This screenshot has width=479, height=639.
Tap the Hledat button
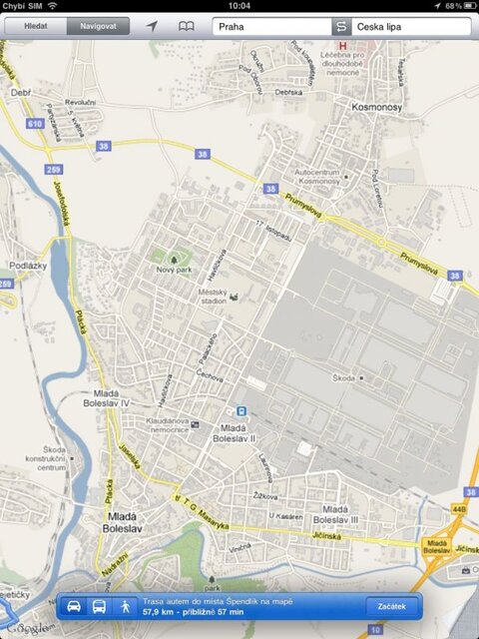click(x=35, y=26)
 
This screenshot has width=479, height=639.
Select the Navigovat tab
click(x=98, y=26)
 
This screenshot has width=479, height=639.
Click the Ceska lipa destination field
click(x=409, y=27)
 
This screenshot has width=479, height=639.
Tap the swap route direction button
click(x=341, y=27)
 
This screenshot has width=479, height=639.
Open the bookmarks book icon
click(x=186, y=26)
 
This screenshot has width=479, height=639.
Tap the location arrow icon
click(x=152, y=26)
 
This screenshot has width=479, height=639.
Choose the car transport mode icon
click(x=74, y=606)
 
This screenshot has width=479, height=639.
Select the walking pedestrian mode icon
click(x=126, y=606)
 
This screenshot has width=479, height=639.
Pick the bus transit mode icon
click(x=100, y=606)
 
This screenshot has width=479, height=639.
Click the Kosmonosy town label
click(x=376, y=103)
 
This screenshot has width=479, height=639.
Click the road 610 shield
click(x=35, y=123)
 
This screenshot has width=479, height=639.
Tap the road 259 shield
click(x=54, y=170)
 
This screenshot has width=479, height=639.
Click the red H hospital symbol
click(x=343, y=46)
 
